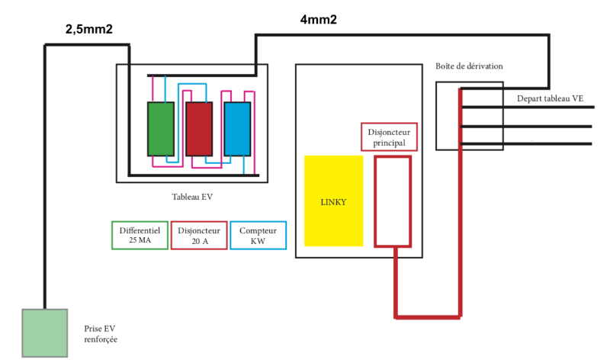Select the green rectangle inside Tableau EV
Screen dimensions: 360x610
coord(161,128)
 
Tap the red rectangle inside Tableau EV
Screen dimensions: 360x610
coord(199,128)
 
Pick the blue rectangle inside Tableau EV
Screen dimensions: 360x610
coord(237,128)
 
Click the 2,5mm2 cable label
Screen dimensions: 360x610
coord(91,30)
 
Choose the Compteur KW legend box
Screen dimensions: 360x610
coord(258,236)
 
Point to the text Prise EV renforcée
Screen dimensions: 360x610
coord(101,333)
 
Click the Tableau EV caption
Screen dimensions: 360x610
coord(192,197)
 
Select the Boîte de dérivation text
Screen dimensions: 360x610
coord(469,66)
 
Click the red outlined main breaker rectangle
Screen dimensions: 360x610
coord(393,201)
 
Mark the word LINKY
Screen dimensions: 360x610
coord(333,202)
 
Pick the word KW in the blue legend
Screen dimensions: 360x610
coord(258,242)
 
